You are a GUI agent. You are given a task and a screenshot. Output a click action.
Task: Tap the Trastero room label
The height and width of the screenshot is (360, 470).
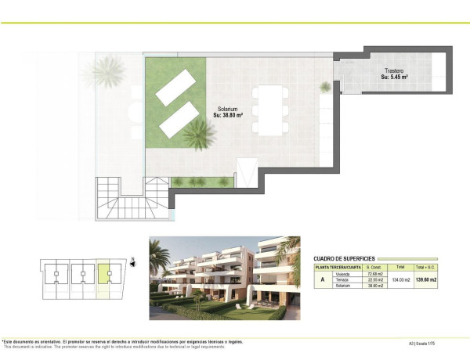[394, 70]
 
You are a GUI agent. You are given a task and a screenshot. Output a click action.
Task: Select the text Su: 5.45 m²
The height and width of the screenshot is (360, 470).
[395, 77]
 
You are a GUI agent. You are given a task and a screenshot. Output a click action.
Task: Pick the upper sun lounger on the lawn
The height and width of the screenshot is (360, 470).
[179, 86]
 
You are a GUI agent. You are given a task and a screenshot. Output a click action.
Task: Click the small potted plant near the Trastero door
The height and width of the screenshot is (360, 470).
[324, 86]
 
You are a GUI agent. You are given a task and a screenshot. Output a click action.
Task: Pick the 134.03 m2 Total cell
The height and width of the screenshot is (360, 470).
[400, 280]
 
